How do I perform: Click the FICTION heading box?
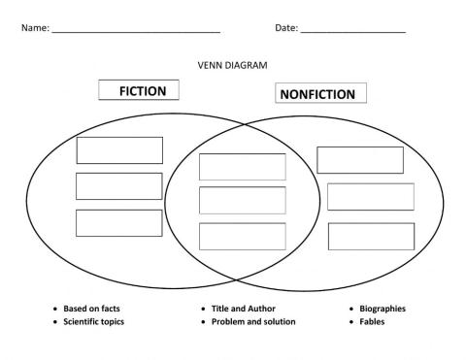pyautogui.click(x=143, y=91)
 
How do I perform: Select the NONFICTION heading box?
pyautogui.click(x=316, y=94)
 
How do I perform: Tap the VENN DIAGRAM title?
pyautogui.click(x=232, y=65)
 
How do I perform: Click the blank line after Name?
pyautogui.click(x=135, y=30)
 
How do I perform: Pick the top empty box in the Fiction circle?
pyautogui.click(x=119, y=150)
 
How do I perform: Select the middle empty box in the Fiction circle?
pyautogui.click(x=119, y=186)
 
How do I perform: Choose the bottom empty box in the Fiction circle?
pyautogui.click(x=119, y=222)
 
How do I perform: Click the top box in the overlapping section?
pyautogui.click(x=243, y=166)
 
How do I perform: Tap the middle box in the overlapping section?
pyautogui.click(x=243, y=201)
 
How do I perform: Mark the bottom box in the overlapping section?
pyautogui.click(x=243, y=236)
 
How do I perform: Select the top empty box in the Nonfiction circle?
pyautogui.click(x=360, y=160)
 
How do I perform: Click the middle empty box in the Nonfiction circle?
pyautogui.click(x=371, y=197)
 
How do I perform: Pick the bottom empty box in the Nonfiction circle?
pyautogui.click(x=371, y=236)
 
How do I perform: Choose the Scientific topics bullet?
pyautogui.click(x=94, y=321)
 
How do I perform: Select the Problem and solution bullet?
pyautogui.click(x=253, y=321)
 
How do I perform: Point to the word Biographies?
pyautogui.click(x=383, y=309)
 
